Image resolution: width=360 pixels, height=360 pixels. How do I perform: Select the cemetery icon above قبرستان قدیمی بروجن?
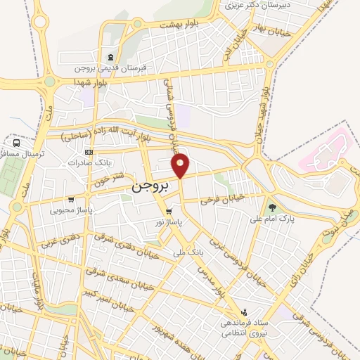pos(110,58)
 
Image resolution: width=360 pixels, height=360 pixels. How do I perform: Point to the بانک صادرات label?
pos(86,163)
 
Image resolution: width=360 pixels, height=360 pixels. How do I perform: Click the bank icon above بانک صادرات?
pos(88,152)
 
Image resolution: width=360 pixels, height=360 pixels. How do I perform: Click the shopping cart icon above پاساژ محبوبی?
pos(71,199)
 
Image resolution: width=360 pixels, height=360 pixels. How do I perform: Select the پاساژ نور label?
pos(169,221)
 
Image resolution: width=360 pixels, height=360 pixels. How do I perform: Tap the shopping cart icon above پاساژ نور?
pos(169,211)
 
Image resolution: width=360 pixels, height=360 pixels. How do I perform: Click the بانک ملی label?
pos(188,250)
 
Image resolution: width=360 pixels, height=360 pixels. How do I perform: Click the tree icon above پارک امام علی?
pos(271,207)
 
